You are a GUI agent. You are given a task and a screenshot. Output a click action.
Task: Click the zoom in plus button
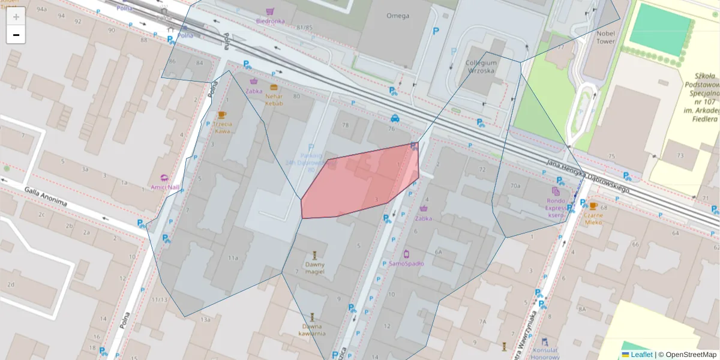(16, 17)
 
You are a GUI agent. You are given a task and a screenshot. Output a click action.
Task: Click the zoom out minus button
(16, 35)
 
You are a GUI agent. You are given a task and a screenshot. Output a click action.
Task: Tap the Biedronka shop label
(270, 21)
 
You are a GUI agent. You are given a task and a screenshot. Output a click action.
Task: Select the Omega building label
(397, 16)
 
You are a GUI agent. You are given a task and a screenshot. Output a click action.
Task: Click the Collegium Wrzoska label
(481, 66)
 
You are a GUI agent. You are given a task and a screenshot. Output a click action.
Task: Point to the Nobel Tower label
(606, 38)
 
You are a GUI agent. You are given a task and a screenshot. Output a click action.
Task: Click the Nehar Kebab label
(274, 100)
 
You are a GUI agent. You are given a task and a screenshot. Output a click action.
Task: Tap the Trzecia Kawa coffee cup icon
(221, 115)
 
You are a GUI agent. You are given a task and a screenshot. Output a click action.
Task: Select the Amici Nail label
(165, 187)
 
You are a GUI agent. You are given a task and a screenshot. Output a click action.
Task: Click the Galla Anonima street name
(46, 197)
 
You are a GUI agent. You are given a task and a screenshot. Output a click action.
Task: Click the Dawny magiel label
(314, 268)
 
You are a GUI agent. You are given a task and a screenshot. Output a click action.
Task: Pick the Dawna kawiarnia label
(314, 329)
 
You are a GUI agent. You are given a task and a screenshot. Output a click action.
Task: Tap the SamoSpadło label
(406, 263)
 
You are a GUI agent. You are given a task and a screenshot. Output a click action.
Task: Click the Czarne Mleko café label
(593, 218)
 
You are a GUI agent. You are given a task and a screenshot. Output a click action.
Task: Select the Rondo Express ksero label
(556, 208)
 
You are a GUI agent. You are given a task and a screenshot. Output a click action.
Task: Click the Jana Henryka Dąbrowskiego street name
(588, 175)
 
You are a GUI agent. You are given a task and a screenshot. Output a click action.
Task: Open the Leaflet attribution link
(641, 355)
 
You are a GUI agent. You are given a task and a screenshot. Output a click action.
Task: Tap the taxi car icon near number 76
(395, 118)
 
